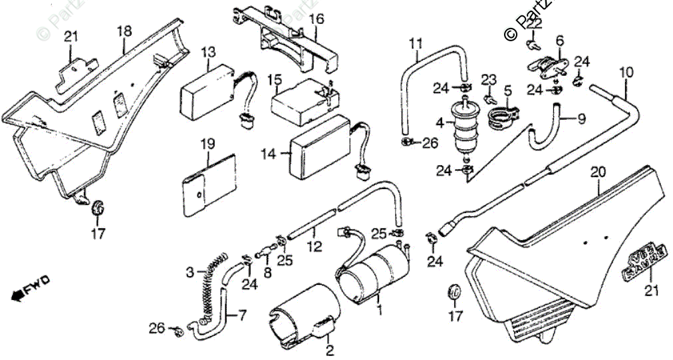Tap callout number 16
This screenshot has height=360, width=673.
(x=317, y=19)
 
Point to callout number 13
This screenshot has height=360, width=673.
(x=208, y=51)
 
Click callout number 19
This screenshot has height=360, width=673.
(x=208, y=143)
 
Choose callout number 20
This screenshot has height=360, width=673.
(x=599, y=172)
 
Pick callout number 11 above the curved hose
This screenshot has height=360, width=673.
(x=416, y=44)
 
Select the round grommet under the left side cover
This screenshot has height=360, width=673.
(x=99, y=207)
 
